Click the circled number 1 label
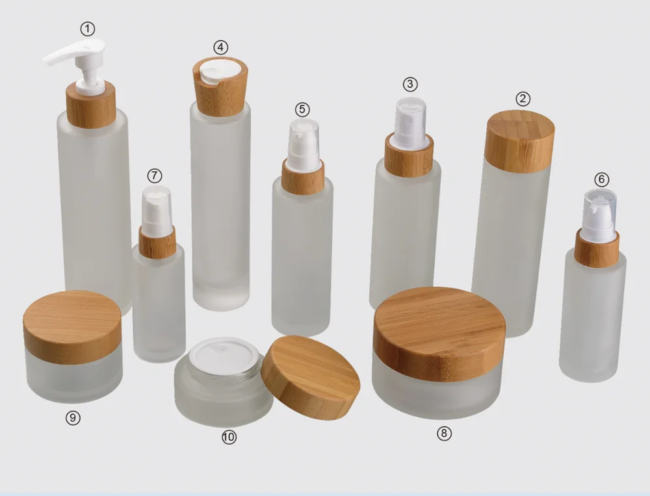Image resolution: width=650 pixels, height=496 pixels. pyautogui.click(x=88, y=29)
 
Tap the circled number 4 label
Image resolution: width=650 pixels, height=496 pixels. pyautogui.click(x=221, y=47)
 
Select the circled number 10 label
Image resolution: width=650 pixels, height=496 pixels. pyautogui.click(x=228, y=437)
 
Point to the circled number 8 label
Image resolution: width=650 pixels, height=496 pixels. pyautogui.click(x=444, y=434)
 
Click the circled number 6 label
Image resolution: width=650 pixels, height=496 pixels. pyautogui.click(x=602, y=179)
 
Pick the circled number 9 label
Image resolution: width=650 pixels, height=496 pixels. pyautogui.click(x=73, y=418)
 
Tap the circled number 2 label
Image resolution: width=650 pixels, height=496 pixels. pyautogui.click(x=523, y=99)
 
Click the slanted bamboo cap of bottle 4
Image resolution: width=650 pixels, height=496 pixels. pyautogui.click(x=221, y=91)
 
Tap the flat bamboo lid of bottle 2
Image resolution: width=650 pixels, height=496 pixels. pyautogui.click(x=519, y=140)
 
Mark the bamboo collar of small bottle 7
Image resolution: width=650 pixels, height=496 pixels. pyautogui.click(x=157, y=242)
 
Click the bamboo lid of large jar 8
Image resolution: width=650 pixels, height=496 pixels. pyautogui.click(x=439, y=332)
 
